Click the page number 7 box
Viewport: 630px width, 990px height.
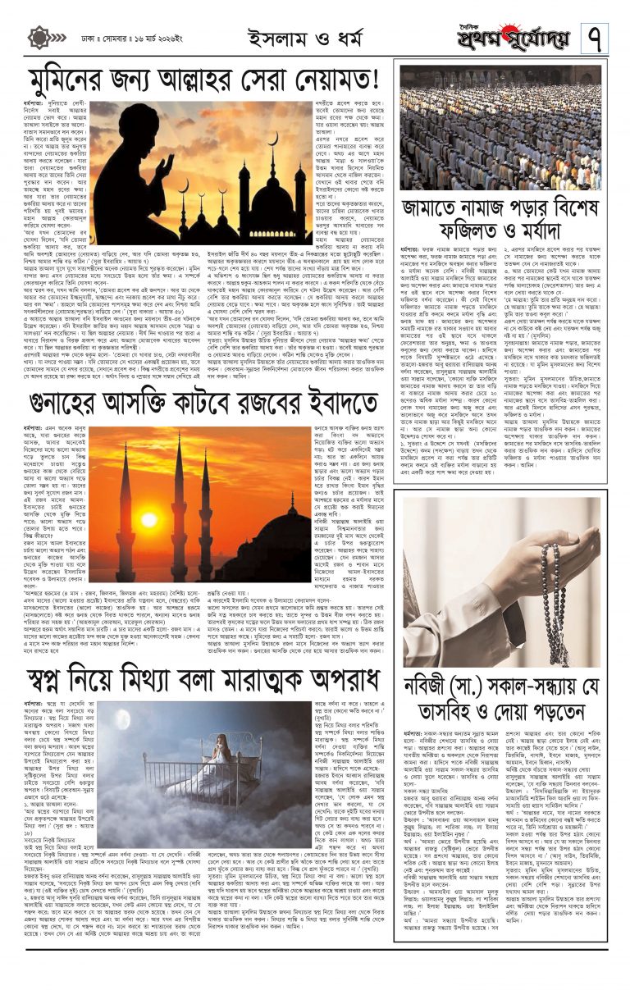coord(595,37)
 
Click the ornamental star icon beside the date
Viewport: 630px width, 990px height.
coord(39,38)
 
